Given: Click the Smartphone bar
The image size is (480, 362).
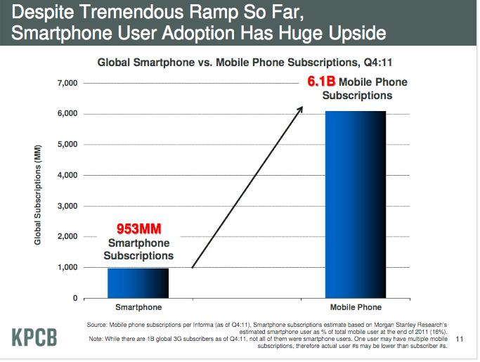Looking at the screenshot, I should (x=138, y=283).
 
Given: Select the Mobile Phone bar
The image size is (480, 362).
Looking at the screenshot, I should (x=356, y=205).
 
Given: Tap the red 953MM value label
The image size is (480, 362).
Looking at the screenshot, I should (x=140, y=229).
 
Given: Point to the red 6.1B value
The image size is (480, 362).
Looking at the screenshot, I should (x=323, y=83).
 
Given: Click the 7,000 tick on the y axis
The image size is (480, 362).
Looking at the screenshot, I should (x=66, y=84).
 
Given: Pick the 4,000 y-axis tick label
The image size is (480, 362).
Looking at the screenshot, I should (x=66, y=176).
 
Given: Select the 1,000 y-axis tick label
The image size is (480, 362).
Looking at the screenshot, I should (x=66, y=268).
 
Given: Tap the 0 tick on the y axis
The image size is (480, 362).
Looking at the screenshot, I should (x=74, y=299).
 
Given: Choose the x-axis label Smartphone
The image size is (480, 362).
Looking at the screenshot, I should (x=138, y=308).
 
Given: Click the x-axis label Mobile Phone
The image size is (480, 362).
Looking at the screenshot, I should (x=356, y=308).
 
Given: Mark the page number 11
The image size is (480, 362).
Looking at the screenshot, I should (x=461, y=340).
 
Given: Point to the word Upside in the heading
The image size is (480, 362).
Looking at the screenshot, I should (x=351, y=33).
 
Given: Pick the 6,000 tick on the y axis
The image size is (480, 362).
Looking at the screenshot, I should (x=66, y=114).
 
